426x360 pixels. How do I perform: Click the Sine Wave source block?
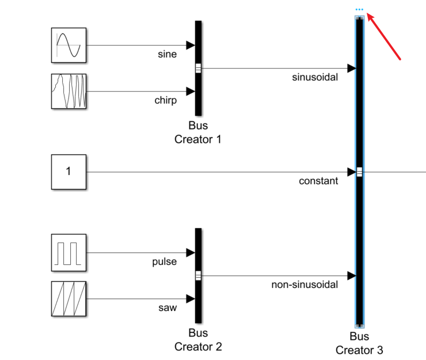tap(69, 45)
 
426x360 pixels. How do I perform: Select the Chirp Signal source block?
tap(69, 91)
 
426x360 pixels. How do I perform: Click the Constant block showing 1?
tap(69, 172)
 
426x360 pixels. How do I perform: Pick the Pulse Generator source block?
tap(69, 252)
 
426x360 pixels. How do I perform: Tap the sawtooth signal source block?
tap(69, 298)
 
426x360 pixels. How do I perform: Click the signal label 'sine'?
tap(167, 54)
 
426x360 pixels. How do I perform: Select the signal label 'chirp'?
tap(166, 100)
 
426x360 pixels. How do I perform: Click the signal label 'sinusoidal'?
tap(315, 77)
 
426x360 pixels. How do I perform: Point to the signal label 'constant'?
tap(318, 181)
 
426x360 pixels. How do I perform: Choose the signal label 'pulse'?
tap(164, 262)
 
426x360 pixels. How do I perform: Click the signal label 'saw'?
tap(168, 308)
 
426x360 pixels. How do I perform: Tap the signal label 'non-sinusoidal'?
tap(305, 285)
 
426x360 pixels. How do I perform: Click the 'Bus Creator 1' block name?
tap(198, 132)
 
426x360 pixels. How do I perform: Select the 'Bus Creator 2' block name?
tap(198, 340)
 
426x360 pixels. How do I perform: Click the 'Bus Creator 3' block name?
tap(359, 343)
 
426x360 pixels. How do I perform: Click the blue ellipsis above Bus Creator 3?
tap(359, 9)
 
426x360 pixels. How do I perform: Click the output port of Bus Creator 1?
tap(199, 68)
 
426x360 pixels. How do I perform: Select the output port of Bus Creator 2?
tap(199, 275)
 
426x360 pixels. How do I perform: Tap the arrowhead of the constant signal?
tap(351, 172)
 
